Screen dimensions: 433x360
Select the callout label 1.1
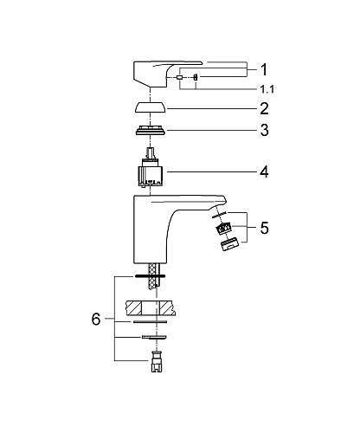point(267,89)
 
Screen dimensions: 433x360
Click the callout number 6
point(96,319)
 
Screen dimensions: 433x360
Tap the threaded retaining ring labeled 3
point(153,132)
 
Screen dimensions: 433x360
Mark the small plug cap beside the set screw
point(179,78)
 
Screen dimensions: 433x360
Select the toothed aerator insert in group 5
point(225,229)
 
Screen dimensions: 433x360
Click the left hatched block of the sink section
point(137,306)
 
